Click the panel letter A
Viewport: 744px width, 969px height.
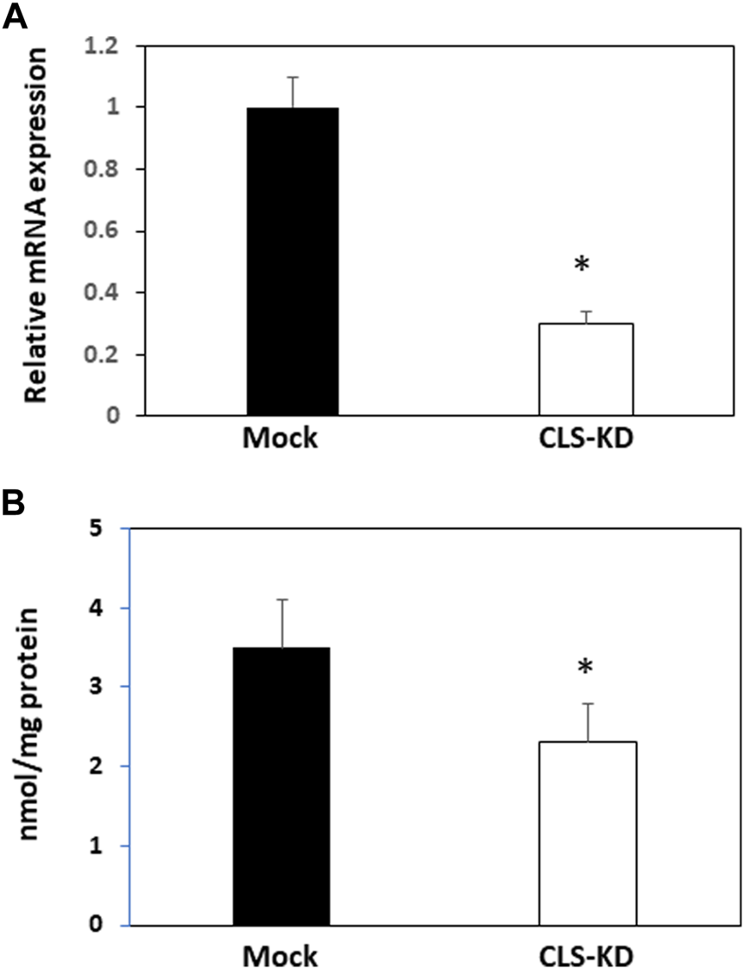pyautogui.click(x=14, y=16)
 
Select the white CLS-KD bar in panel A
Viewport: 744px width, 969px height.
pyautogui.click(x=586, y=369)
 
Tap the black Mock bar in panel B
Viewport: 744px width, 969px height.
pyautogui.click(x=281, y=785)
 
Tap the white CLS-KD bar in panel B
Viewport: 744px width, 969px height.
pyautogui.click(x=588, y=833)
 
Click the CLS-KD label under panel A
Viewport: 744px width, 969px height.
pyautogui.click(x=585, y=439)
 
